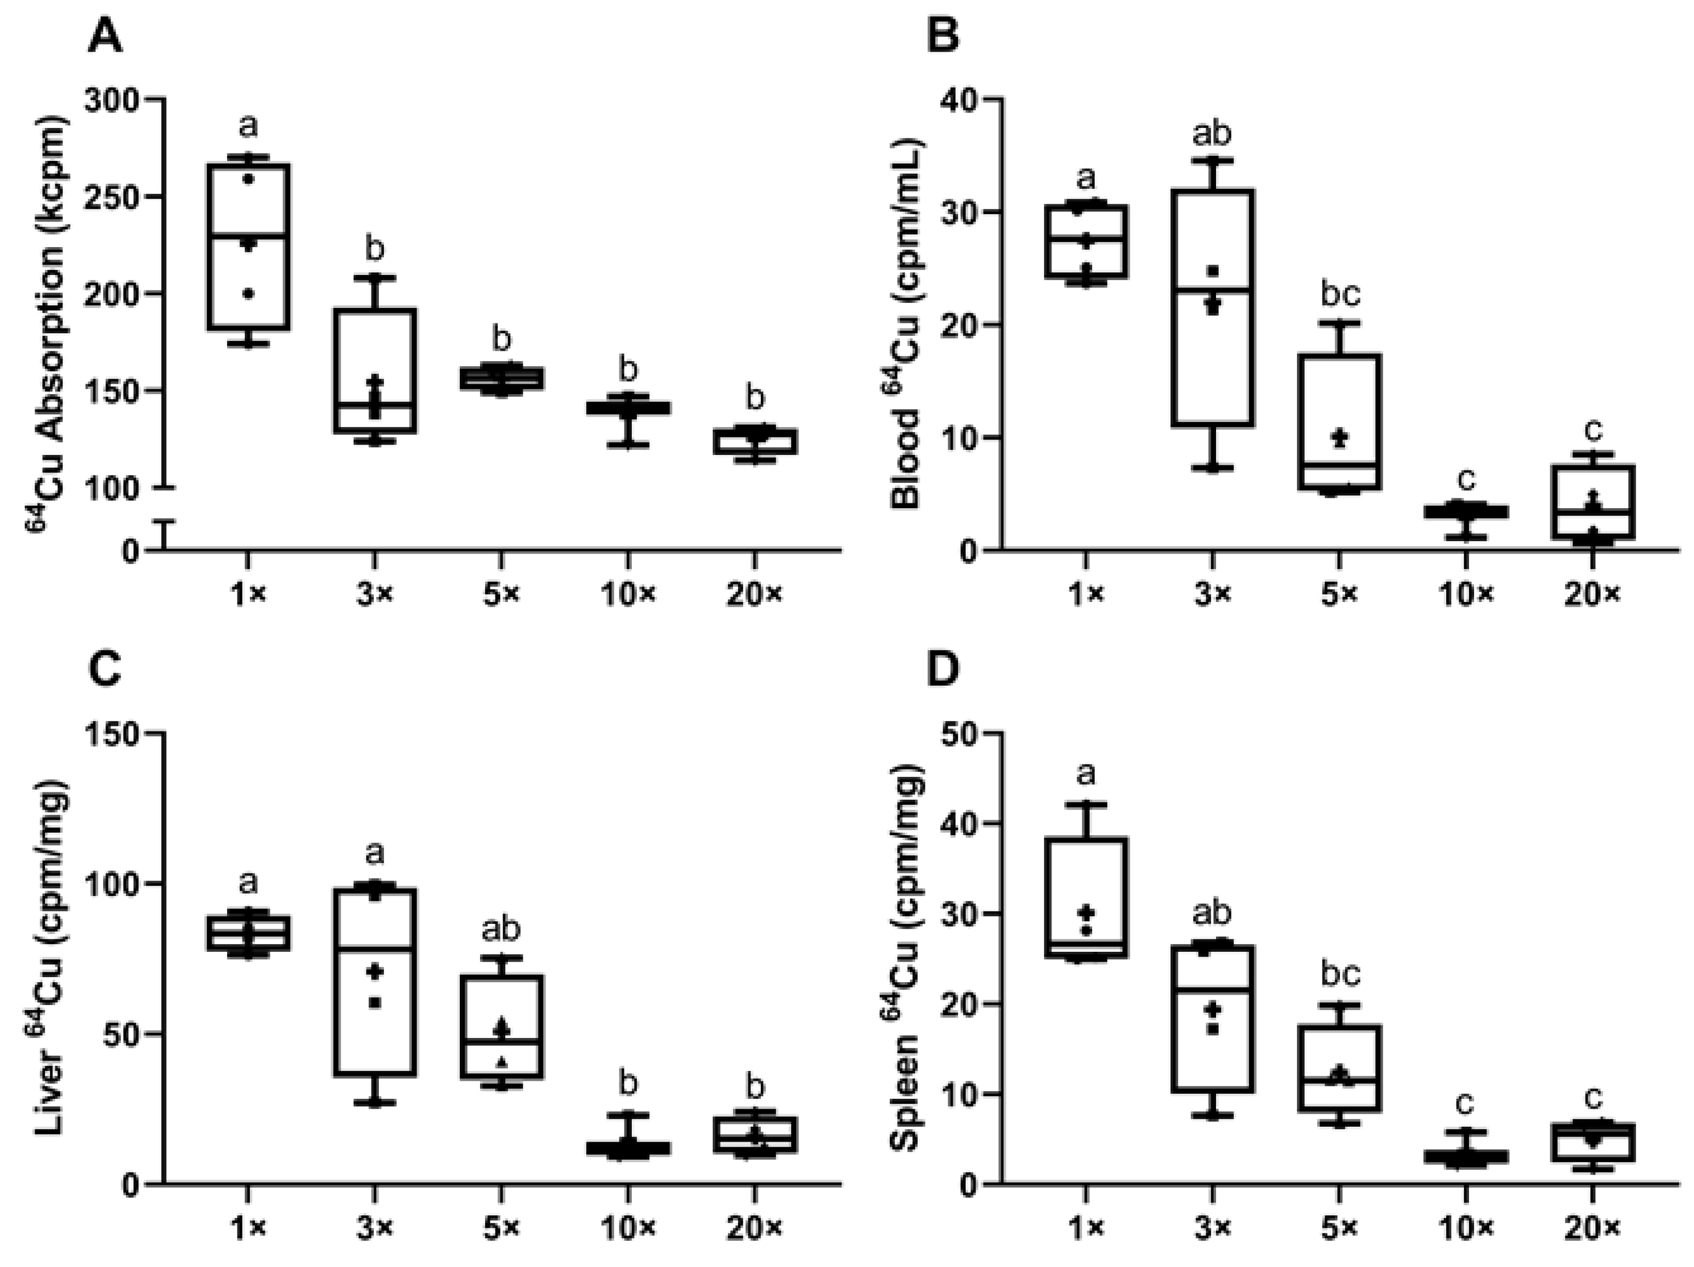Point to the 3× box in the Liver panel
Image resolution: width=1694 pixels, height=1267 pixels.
tap(375, 981)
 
